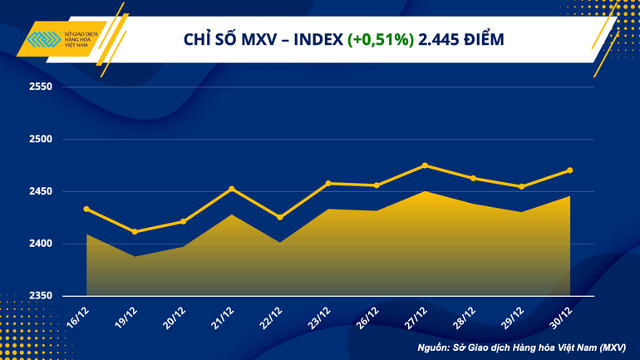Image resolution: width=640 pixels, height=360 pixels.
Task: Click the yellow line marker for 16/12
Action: (86, 209)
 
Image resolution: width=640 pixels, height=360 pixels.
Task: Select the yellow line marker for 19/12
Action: (135, 231)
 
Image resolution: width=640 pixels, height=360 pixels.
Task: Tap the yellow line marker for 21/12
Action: (231, 189)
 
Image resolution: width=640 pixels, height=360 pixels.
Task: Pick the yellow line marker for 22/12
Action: (279, 217)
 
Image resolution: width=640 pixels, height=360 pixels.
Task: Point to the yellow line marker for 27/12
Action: (425, 165)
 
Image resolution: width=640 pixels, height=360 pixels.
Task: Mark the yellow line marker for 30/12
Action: (569, 170)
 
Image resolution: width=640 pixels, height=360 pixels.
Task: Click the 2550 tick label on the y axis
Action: (40, 87)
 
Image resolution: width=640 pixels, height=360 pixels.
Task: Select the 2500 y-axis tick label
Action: (40, 140)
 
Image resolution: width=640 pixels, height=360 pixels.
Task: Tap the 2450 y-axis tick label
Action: (40, 192)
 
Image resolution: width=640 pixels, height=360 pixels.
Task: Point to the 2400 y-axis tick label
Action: (40, 244)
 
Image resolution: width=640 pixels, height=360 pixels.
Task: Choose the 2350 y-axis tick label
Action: (40, 296)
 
